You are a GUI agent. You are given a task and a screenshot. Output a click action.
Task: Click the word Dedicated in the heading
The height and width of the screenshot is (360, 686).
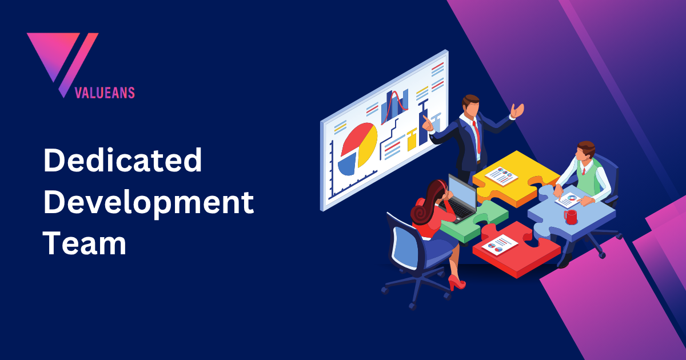point(122,161)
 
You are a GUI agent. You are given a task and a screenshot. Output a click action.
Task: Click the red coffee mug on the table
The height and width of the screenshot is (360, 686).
point(570,217)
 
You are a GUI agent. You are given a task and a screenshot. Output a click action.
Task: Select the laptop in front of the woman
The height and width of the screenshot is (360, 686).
point(462,198)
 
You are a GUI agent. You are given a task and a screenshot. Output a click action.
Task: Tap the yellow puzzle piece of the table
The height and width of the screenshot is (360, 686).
point(514,171)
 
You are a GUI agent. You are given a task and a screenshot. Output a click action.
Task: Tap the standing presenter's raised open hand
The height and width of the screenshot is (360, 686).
point(518,110)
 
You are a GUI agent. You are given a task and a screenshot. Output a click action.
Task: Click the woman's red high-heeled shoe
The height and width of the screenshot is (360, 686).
point(456,282)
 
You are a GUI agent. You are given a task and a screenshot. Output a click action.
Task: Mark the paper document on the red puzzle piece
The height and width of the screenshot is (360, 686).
point(499,245)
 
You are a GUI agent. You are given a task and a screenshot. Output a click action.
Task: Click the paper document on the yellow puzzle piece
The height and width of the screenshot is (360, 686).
point(502,175)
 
